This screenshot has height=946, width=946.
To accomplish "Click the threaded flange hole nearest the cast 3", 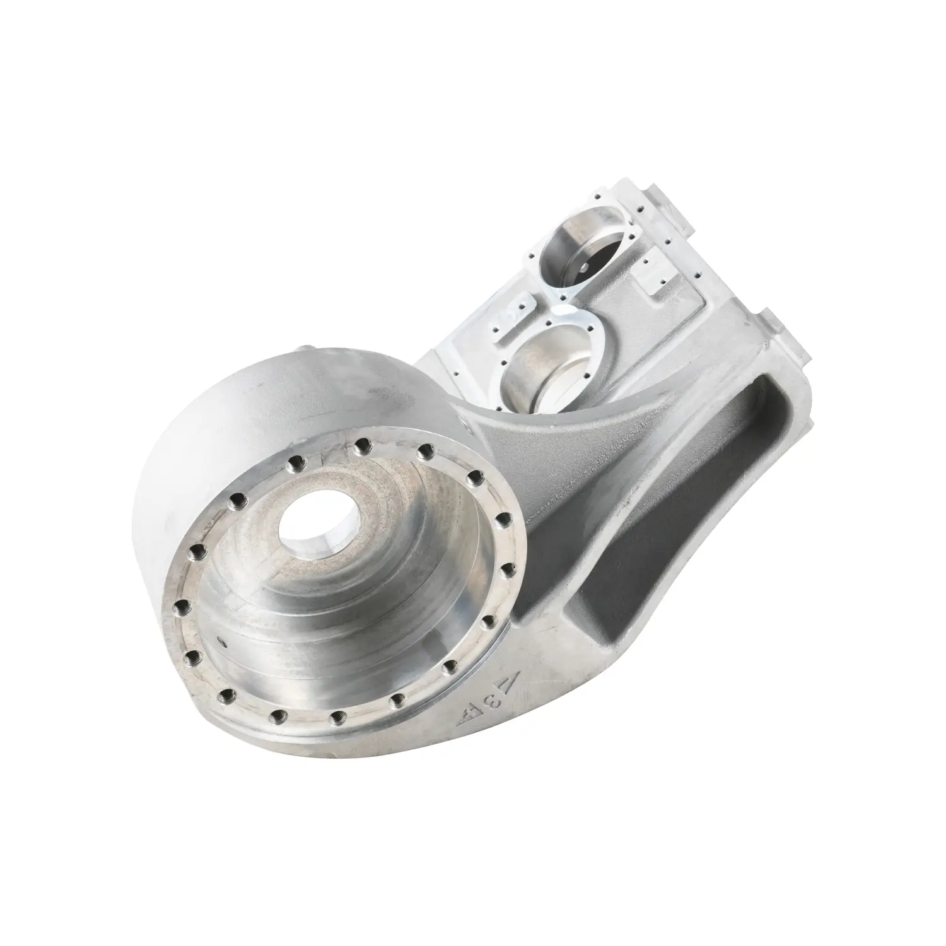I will tap(449, 666).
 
